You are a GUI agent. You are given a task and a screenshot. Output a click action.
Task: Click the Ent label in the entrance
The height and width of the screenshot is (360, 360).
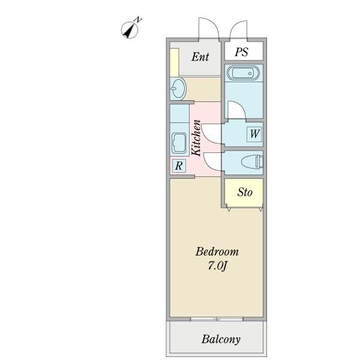point(200,57)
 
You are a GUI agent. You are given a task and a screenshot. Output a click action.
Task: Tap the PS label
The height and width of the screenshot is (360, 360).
point(242,52)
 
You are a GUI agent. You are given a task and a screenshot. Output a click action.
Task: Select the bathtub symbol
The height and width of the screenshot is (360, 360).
point(244,73)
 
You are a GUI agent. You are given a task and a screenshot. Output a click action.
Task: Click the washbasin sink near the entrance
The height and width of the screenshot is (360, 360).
point(178,89)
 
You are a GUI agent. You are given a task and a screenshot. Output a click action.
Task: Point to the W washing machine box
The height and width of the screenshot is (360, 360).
point(254,134)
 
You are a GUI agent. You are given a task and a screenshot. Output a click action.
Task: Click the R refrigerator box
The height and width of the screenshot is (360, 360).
point(179,166)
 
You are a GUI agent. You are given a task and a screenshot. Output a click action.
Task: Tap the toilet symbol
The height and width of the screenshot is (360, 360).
point(252,162)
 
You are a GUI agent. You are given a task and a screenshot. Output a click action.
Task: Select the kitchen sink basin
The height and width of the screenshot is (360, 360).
point(179,143)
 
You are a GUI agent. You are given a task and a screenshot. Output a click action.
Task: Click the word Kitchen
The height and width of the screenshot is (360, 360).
point(196,138)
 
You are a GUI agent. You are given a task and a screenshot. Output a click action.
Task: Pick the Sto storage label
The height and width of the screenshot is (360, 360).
point(245,192)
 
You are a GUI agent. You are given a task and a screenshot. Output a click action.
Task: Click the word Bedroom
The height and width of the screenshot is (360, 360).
point(217,251)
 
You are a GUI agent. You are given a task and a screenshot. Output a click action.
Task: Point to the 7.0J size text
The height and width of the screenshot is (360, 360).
point(217,266)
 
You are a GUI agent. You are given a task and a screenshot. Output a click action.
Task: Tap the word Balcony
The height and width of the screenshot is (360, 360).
point(221,340)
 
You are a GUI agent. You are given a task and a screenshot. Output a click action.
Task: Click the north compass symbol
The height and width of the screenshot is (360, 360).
point(130,29)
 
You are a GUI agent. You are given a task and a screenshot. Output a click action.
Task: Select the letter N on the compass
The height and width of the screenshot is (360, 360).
point(138,20)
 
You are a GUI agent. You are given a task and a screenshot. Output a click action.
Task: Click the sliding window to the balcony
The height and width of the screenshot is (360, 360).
point(217,319)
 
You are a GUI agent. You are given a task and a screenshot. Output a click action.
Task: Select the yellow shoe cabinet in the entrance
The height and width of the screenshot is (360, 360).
point(175,62)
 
